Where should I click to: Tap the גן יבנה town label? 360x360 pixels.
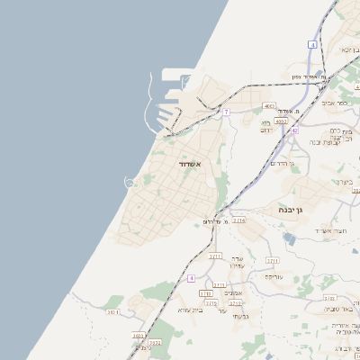tap(294, 210)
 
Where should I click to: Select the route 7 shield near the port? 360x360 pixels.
tap(227, 112)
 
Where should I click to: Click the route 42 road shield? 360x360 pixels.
tap(294, 130)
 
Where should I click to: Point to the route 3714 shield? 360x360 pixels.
tap(238, 220)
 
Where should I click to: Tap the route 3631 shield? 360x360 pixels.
tap(112, 311)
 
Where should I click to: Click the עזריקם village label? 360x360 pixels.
tap(274, 276)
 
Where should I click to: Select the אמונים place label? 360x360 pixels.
tap(233, 292)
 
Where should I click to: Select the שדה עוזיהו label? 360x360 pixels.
tap(238, 261)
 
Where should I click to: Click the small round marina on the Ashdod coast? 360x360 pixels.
tap(129, 183)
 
